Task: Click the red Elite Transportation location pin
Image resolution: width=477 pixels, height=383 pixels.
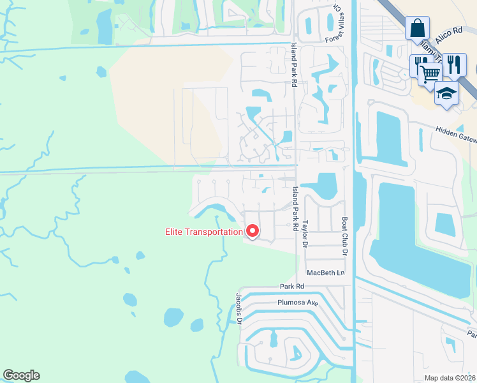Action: click(252, 232)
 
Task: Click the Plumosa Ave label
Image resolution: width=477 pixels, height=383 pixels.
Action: click(297, 303)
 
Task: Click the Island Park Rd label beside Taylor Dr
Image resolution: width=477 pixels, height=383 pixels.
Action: click(295, 208)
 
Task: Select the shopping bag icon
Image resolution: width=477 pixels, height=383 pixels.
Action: click(417, 29)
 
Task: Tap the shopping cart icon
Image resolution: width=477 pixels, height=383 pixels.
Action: click(430, 73)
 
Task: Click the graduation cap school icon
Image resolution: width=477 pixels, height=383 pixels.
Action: click(447, 94)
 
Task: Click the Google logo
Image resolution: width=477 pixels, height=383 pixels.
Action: click(21, 375)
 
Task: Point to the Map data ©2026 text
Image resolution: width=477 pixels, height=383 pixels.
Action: click(450, 378)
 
